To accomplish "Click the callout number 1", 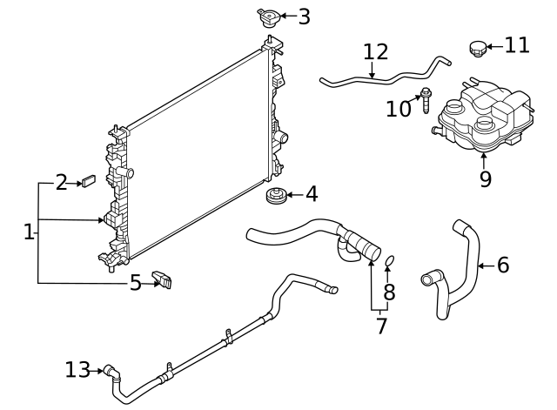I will (29, 232).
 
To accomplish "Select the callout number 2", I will (62, 182).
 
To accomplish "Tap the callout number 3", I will (303, 17).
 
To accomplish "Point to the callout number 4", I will (311, 194).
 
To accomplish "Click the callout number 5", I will (135, 282).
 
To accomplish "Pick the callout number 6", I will (502, 265).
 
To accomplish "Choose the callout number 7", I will (381, 326).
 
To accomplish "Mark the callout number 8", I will (389, 292).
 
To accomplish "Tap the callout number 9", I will (485, 179).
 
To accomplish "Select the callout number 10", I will (399, 108).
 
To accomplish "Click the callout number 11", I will (517, 44).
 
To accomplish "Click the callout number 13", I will (77, 370).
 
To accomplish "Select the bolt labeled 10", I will (426, 98).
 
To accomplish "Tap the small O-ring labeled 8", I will (390, 259).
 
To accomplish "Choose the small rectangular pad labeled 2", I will (88, 182).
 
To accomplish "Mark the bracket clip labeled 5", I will (162, 280).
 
